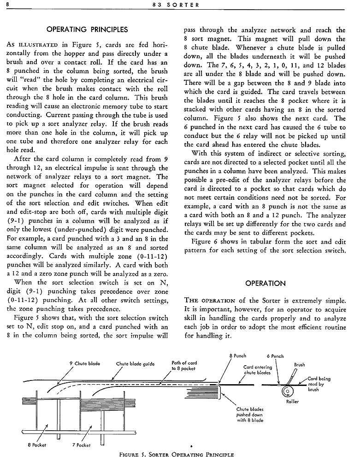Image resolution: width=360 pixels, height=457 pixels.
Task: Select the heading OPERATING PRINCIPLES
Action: coord(88,30)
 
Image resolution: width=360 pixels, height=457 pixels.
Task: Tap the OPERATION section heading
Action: coord(265,283)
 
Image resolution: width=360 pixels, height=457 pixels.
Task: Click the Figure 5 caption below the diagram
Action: coord(177,453)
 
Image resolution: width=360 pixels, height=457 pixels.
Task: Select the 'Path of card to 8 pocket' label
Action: coord(183,365)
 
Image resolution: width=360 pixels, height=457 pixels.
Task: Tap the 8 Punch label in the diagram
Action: coord(237,356)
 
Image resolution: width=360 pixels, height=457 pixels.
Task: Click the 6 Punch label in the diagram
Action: coord(275,356)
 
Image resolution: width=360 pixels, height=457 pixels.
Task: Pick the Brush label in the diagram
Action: coord(299,364)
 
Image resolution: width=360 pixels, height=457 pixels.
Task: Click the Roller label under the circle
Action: coord(292,401)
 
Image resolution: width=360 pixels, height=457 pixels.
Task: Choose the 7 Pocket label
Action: coord(81,445)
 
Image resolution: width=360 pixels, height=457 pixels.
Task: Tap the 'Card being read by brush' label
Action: coord(319,384)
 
